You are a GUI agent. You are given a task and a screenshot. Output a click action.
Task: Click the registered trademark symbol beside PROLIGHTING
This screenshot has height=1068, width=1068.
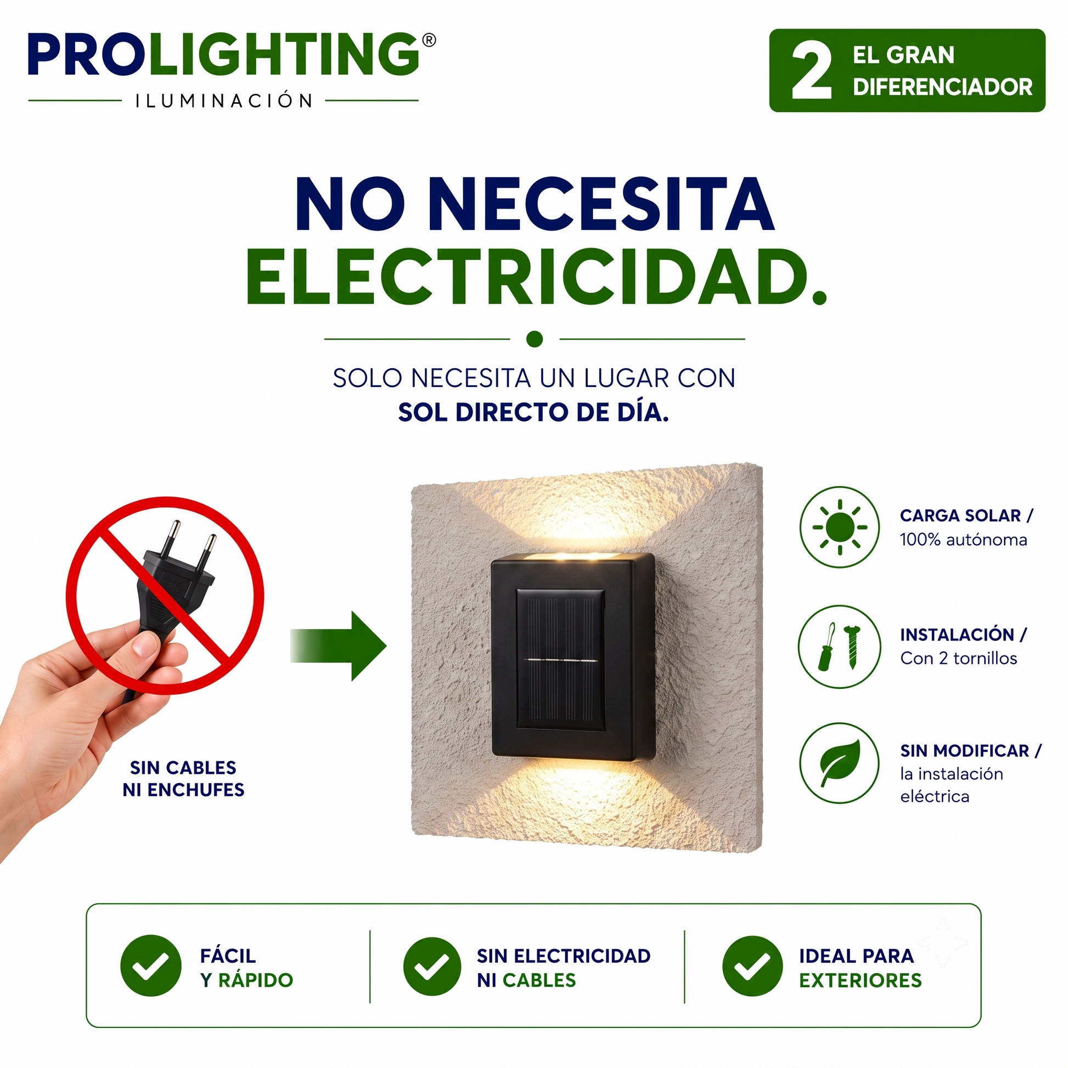click(x=429, y=41)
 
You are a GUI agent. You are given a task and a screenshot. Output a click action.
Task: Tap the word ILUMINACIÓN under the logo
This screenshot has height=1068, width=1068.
click(x=224, y=100)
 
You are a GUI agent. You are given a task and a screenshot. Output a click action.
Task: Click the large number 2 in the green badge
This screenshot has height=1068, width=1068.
click(x=812, y=71)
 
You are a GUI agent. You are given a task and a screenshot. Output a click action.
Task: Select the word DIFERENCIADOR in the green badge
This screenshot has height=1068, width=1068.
click(x=942, y=87)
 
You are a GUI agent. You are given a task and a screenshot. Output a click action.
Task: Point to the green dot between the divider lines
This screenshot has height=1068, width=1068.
click(x=535, y=339)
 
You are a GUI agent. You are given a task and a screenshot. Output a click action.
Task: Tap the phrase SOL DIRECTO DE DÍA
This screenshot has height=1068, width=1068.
click(x=533, y=412)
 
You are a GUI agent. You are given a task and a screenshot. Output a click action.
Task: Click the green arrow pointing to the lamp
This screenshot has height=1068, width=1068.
click(x=338, y=645)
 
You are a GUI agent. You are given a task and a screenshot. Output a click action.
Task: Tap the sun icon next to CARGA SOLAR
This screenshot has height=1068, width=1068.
click(x=839, y=527)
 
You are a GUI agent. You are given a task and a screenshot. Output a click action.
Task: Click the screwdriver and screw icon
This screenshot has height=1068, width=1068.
click(x=839, y=646)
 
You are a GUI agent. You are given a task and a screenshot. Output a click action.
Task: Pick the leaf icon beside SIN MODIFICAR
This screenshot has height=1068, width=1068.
click(x=839, y=763)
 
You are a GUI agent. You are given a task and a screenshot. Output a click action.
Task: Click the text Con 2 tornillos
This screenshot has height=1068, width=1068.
click(x=959, y=658)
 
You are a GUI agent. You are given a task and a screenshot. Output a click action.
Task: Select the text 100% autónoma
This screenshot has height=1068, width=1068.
click(x=964, y=539)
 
